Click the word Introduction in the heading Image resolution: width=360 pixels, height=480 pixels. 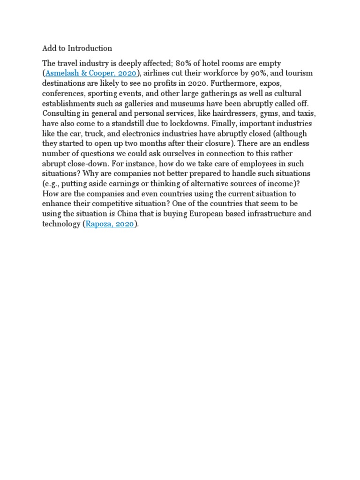pos(90,48)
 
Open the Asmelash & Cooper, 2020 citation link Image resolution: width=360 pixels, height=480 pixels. pos(91,73)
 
